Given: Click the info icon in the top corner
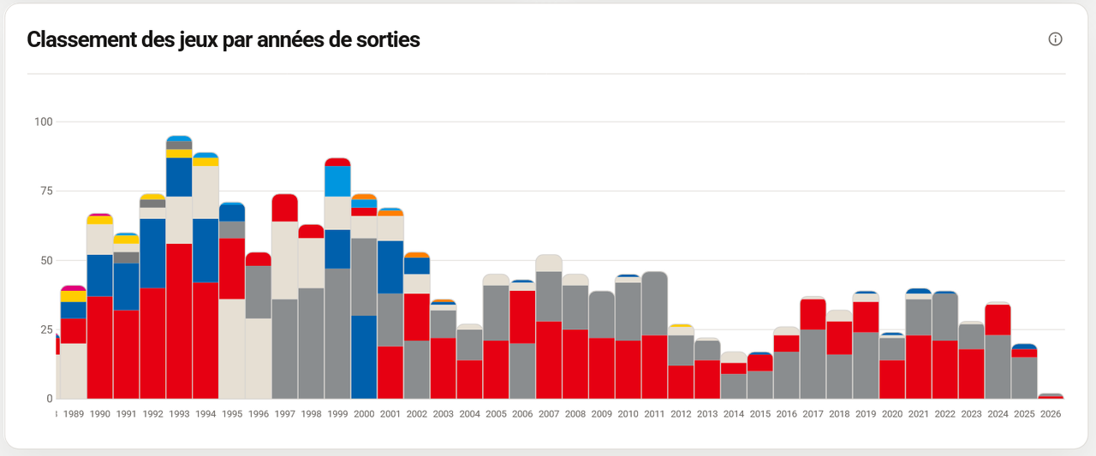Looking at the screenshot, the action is tap(1055, 39).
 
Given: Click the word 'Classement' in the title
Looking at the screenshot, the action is tap(81, 39).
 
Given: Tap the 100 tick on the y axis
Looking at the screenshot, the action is tap(44, 121).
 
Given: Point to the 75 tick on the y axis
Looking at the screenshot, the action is tap(46, 191).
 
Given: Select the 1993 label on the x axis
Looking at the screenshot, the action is tap(179, 414).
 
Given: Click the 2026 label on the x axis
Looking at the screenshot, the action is tap(1051, 414).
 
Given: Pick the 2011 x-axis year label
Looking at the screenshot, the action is tap(654, 414).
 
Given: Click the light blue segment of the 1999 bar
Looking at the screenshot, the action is tap(337, 181).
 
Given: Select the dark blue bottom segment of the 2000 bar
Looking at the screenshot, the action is tap(364, 358).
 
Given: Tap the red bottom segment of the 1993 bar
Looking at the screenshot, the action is tap(179, 321).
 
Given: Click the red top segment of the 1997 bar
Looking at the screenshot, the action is tap(285, 208).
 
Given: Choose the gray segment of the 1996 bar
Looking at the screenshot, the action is tap(259, 293).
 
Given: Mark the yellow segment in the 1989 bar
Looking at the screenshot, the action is tap(74, 296).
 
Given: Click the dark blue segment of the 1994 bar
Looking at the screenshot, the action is tap(205, 250).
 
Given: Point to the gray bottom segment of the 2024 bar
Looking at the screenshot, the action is tap(998, 367).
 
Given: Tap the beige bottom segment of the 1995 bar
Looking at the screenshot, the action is tap(232, 349).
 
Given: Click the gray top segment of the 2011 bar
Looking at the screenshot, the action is tap(654, 304).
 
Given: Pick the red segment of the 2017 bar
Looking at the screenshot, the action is tap(813, 314).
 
